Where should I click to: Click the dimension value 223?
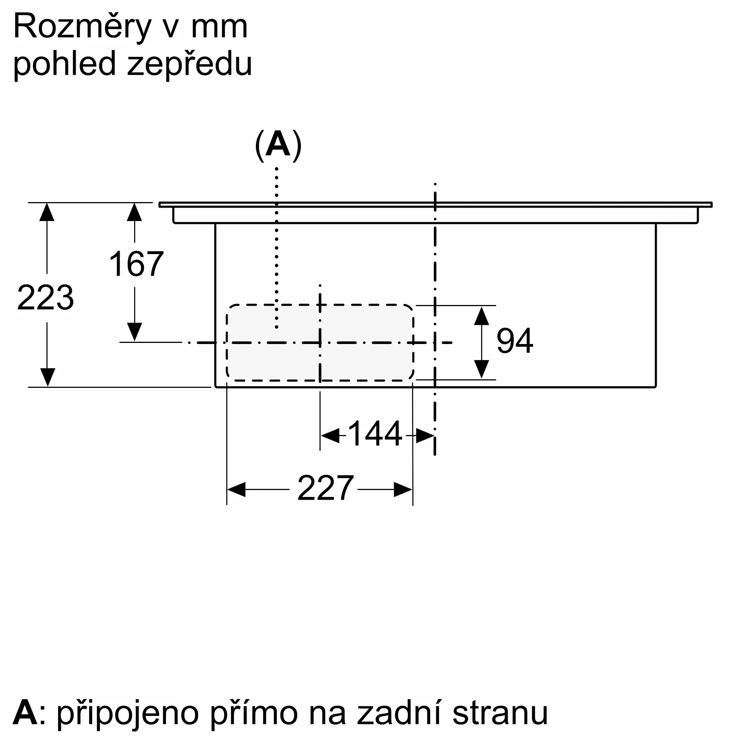click(x=45, y=298)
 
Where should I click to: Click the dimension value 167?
click(x=136, y=264)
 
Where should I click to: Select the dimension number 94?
click(x=515, y=341)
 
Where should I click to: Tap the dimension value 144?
click(x=374, y=434)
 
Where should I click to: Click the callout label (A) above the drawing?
click(x=278, y=145)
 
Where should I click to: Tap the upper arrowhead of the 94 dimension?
click(x=481, y=317)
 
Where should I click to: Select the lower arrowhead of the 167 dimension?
click(x=134, y=331)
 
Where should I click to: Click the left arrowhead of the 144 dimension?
click(x=330, y=436)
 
